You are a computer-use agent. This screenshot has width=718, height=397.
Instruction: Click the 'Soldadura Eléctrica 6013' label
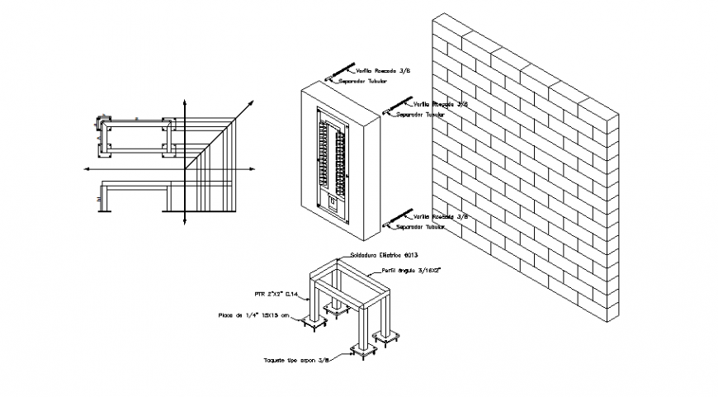385,255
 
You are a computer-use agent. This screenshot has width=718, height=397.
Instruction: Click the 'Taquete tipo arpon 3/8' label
295,361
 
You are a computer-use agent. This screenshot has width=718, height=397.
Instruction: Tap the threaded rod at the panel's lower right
397,217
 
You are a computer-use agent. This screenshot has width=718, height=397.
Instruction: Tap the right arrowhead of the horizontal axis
256,168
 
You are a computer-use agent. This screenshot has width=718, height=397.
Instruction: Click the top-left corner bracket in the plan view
103,124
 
